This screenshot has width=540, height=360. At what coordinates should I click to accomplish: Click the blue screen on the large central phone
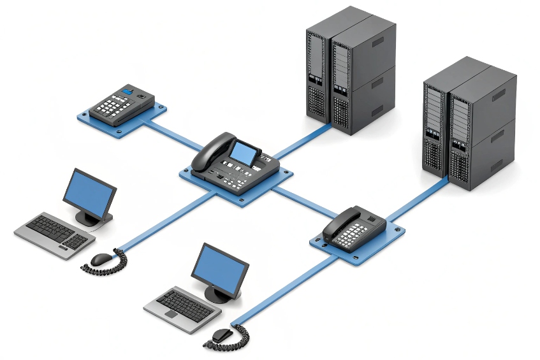click(245, 152)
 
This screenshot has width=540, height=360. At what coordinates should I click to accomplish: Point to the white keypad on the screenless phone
click(350, 236)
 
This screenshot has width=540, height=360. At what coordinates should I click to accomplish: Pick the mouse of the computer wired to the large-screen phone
click(101, 259)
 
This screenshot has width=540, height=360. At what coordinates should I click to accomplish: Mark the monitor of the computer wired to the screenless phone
click(219, 270)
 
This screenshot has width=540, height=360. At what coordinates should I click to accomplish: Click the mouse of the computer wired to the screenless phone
click(221, 335)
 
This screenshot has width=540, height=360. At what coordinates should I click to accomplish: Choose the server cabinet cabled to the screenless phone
click(469, 124)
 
